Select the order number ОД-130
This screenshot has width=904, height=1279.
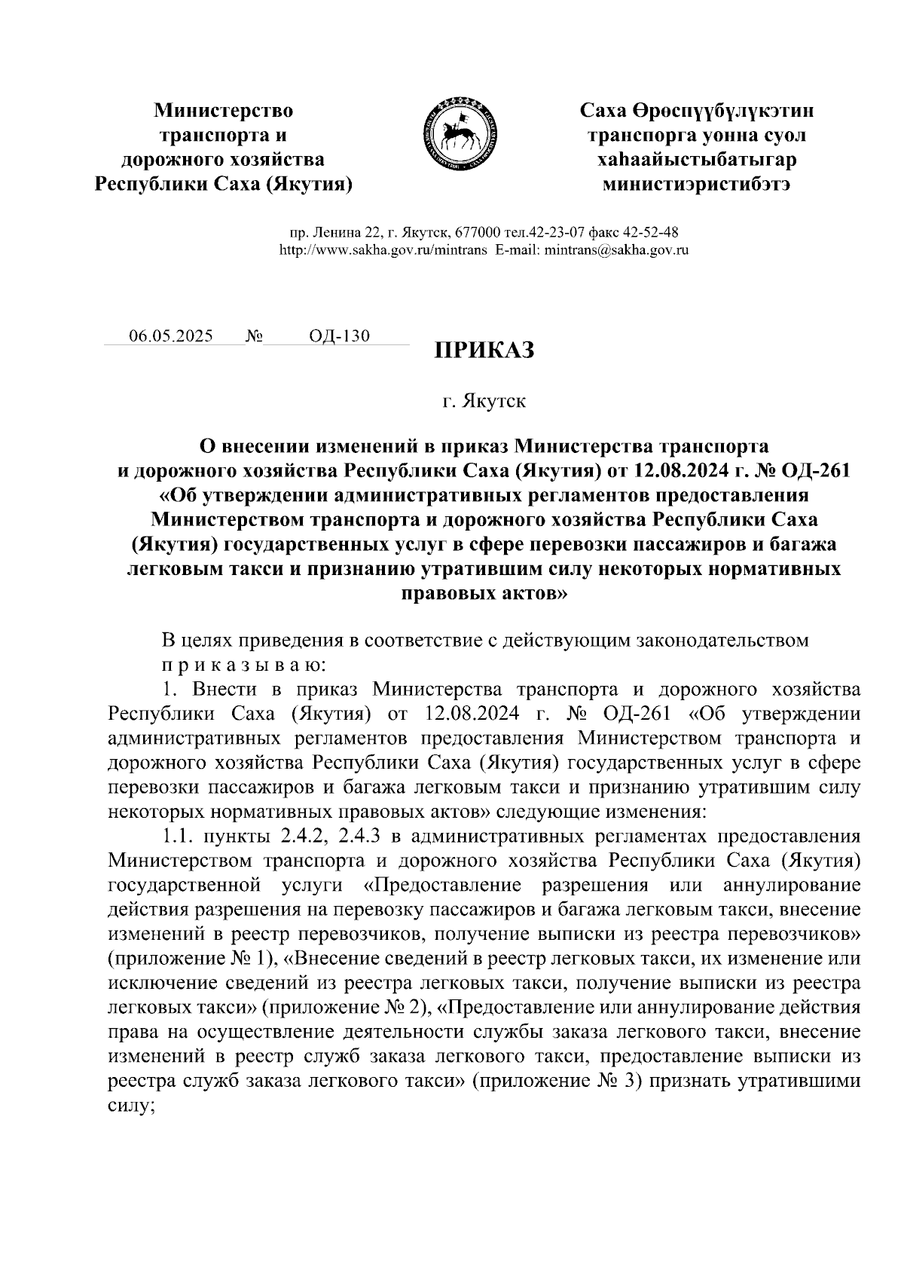pyautogui.click(x=340, y=335)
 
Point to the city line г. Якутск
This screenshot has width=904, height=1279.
pyautogui.click(x=484, y=401)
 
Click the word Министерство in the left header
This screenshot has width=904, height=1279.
pyautogui.click(x=224, y=112)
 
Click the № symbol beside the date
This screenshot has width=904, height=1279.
pyautogui.click(x=253, y=335)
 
